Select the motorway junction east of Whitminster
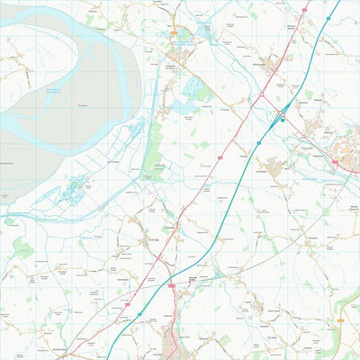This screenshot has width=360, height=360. tap(282, 112)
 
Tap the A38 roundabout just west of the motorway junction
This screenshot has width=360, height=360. tap(262, 94)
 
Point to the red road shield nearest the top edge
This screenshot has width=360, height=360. tap(304, 10)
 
